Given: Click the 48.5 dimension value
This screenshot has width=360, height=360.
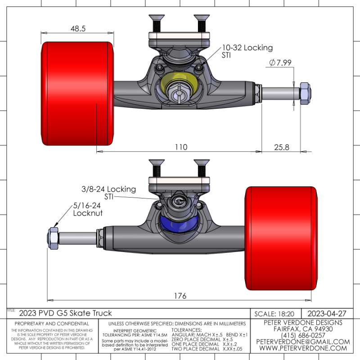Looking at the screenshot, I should coord(78,28).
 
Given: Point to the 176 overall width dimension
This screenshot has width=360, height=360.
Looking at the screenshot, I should coord(180,296).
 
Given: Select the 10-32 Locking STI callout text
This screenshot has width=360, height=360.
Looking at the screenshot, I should coord(247,51).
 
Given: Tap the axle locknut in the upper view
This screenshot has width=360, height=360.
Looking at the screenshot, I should coord(304,93).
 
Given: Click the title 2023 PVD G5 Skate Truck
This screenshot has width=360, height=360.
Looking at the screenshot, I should coord(65,313).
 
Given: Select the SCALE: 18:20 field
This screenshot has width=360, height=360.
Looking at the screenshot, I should coord(274,314).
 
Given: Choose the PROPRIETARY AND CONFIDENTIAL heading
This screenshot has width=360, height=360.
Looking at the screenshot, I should coord(52,324).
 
